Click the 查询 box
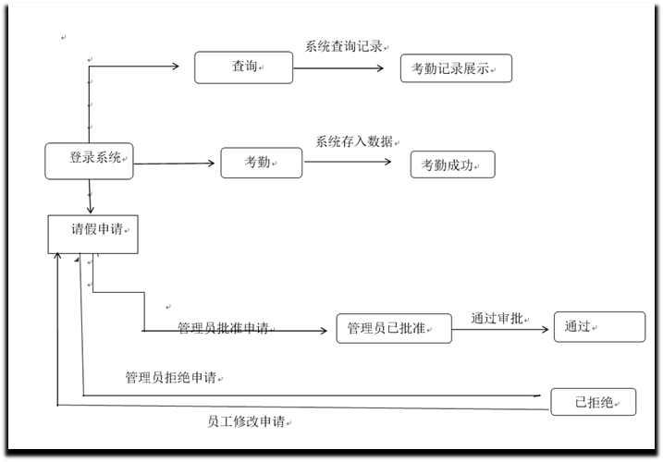click(243, 67)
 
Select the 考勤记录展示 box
click(455, 68)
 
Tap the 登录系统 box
click(89, 161)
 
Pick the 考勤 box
click(262, 163)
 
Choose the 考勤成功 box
click(452, 164)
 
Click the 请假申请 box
click(93, 233)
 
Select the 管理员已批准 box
click(394, 328)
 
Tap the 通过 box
click(599, 327)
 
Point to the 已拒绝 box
click(594, 402)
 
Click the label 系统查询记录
click(344, 46)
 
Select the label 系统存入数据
click(354, 141)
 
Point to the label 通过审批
click(497, 318)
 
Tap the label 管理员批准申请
click(223, 328)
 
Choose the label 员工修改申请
click(246, 421)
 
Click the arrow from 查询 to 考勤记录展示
click(347, 67)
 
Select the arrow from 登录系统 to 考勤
click(176, 164)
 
